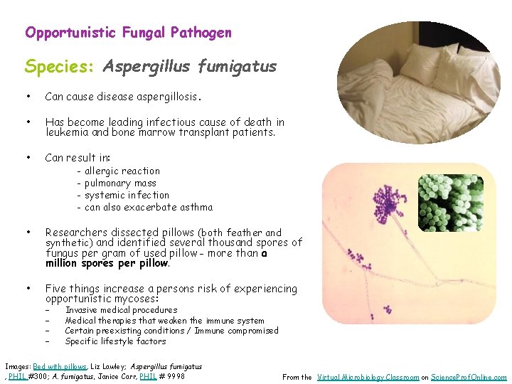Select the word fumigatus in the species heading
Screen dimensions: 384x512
click(x=237, y=67)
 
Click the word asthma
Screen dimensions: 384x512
click(x=197, y=207)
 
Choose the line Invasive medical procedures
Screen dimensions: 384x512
click(x=121, y=310)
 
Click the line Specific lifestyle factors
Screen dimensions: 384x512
click(x=115, y=341)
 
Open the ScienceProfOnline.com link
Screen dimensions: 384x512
click(x=470, y=377)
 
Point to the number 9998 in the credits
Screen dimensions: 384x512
click(x=174, y=376)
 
